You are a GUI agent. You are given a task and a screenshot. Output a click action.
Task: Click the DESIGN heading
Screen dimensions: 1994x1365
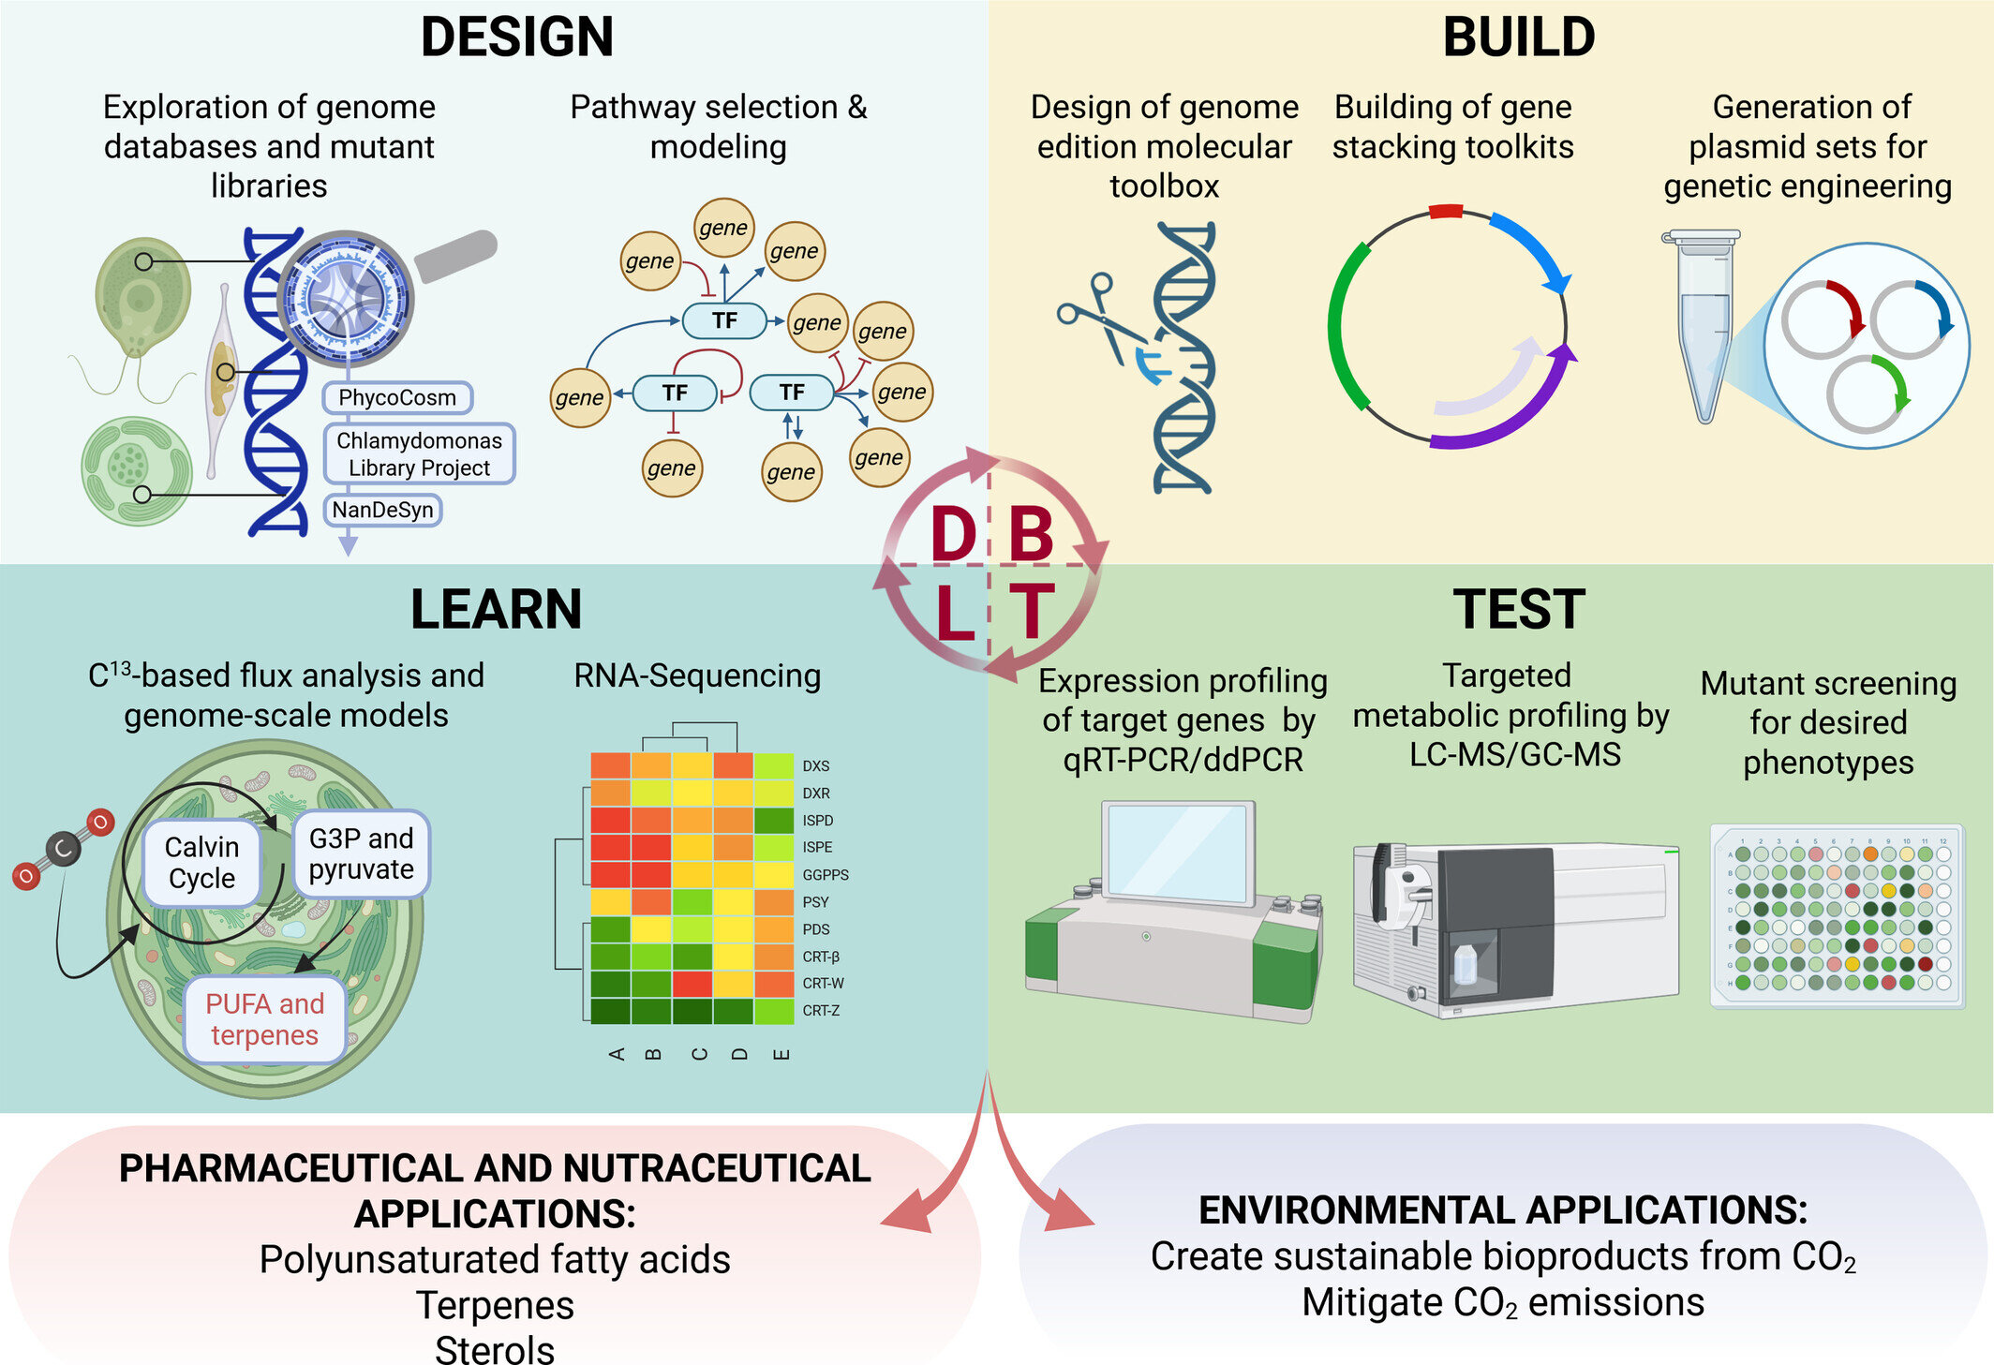[516, 37]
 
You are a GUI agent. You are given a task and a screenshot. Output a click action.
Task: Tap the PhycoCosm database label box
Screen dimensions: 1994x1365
[397, 397]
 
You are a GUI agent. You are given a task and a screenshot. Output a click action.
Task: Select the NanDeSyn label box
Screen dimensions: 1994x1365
[382, 510]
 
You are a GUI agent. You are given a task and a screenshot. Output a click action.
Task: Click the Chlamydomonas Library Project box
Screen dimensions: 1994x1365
[419, 453]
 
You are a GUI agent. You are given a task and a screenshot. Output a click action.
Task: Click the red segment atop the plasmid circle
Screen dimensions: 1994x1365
[1446, 211]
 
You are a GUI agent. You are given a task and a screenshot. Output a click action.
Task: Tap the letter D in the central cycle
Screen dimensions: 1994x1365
[954, 534]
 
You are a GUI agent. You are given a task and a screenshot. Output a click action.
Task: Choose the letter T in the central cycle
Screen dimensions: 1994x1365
[1031, 611]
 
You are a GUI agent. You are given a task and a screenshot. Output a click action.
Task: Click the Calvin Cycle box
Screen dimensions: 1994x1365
[201, 863]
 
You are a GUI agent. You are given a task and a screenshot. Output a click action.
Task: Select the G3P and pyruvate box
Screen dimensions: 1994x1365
[361, 853]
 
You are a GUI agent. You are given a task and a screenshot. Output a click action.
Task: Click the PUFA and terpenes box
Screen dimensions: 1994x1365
[264, 1019]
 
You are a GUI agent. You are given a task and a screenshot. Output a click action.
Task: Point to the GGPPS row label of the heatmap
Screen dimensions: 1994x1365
[826, 875]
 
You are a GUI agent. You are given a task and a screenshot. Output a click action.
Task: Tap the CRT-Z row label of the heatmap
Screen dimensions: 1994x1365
[821, 1011]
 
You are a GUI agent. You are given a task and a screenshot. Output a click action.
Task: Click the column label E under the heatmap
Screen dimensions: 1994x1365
[781, 1055]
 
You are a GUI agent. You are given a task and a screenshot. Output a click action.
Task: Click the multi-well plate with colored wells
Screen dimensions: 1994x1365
[1838, 916]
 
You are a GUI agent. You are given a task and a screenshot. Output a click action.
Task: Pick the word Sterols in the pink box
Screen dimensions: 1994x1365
[495, 1349]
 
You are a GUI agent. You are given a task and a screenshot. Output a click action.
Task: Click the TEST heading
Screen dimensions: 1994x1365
[1519, 609]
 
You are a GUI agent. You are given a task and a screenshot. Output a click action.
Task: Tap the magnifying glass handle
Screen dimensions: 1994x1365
[455, 255]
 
